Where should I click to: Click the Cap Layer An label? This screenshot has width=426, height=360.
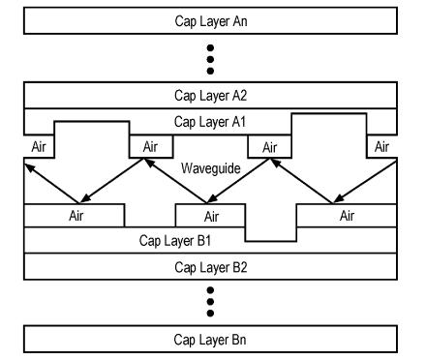pos(211,21)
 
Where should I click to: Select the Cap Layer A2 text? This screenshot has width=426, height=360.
pos(211,96)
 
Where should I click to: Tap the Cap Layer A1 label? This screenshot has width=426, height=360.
pos(210,122)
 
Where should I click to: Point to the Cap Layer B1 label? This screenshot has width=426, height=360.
pos(175,241)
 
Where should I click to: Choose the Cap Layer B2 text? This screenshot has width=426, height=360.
pos(211,268)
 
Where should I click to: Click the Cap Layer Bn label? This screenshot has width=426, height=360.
pos(210,340)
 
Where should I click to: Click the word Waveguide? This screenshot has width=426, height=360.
pos(211,168)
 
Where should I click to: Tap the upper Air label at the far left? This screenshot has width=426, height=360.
pos(39,147)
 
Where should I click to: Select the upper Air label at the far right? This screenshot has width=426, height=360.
pos(381,147)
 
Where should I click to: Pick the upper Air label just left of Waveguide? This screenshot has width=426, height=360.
pos(150,147)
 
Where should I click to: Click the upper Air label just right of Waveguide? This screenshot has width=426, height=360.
pos(270,148)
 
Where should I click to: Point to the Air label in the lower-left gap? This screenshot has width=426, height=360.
pos(76,216)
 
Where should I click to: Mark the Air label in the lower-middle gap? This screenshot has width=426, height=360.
pos(212,217)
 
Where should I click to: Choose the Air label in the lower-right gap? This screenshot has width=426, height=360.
pos(348,216)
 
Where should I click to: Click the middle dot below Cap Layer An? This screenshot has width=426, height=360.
pos(210,59)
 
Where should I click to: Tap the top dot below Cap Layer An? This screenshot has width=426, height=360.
pos(210,48)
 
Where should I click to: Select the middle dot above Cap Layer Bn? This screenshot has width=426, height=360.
pos(210,302)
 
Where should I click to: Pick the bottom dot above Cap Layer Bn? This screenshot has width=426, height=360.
pos(210,313)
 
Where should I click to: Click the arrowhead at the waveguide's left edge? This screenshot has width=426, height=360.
pos(30,167)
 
